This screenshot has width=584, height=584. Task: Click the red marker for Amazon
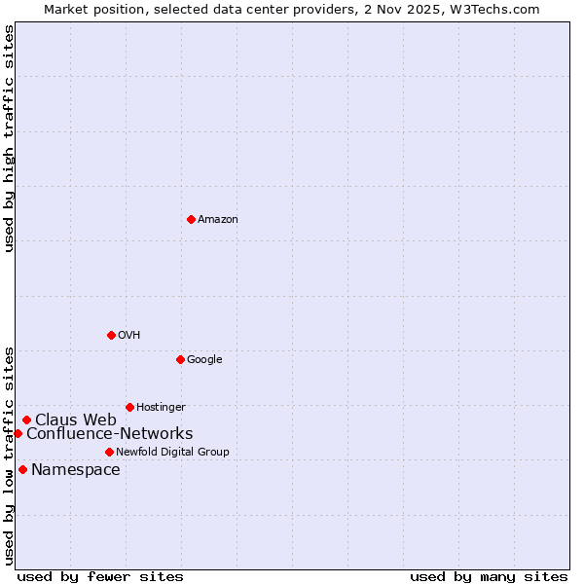[191, 219]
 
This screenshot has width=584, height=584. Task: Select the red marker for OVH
[111, 335]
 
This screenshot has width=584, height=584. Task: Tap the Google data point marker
[180, 359]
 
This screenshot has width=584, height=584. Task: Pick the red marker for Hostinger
[129, 407]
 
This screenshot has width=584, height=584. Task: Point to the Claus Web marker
[26, 420]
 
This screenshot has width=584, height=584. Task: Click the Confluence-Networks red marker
[18, 433]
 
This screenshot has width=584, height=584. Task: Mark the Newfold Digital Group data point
[109, 452]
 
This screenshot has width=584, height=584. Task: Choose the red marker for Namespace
[22, 469]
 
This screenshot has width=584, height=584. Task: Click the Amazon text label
[218, 220]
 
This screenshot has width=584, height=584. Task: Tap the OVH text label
[129, 336]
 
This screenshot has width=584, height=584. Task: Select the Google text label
[204, 360]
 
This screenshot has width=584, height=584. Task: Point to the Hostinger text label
[161, 408]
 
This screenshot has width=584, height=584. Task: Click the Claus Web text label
[76, 420]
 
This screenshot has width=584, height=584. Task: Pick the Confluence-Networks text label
[109, 434]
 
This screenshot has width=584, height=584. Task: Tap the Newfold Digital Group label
[172, 453]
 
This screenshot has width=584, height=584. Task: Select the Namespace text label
[76, 470]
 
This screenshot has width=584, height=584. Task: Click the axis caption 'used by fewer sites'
[100, 576]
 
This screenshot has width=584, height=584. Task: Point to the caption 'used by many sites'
[489, 576]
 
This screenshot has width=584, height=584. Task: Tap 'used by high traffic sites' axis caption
[9, 138]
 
